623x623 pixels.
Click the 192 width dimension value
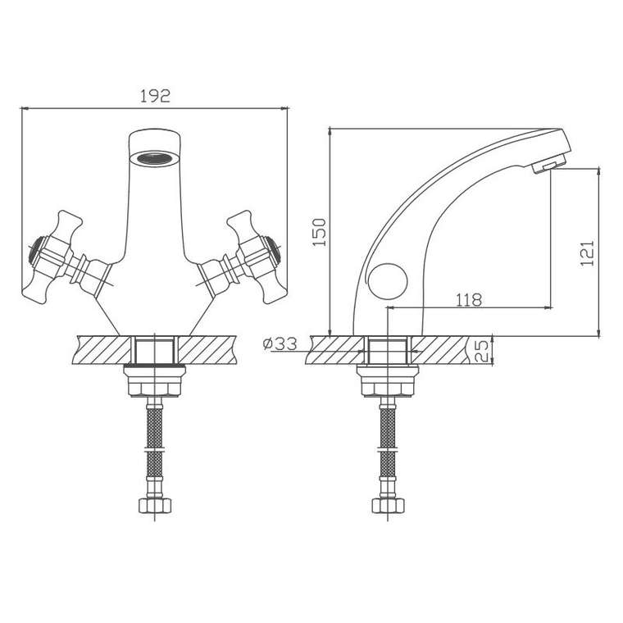pos(155,96)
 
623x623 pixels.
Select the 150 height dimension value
pos(320,232)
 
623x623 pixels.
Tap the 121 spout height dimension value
pos(587,253)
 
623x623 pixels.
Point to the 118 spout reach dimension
pos(469,300)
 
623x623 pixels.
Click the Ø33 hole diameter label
pos(280,343)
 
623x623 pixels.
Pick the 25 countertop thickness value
pos(481,351)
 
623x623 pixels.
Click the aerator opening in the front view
pos(155,158)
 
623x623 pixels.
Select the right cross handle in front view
pos(243,257)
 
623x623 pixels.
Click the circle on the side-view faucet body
pos(388,281)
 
